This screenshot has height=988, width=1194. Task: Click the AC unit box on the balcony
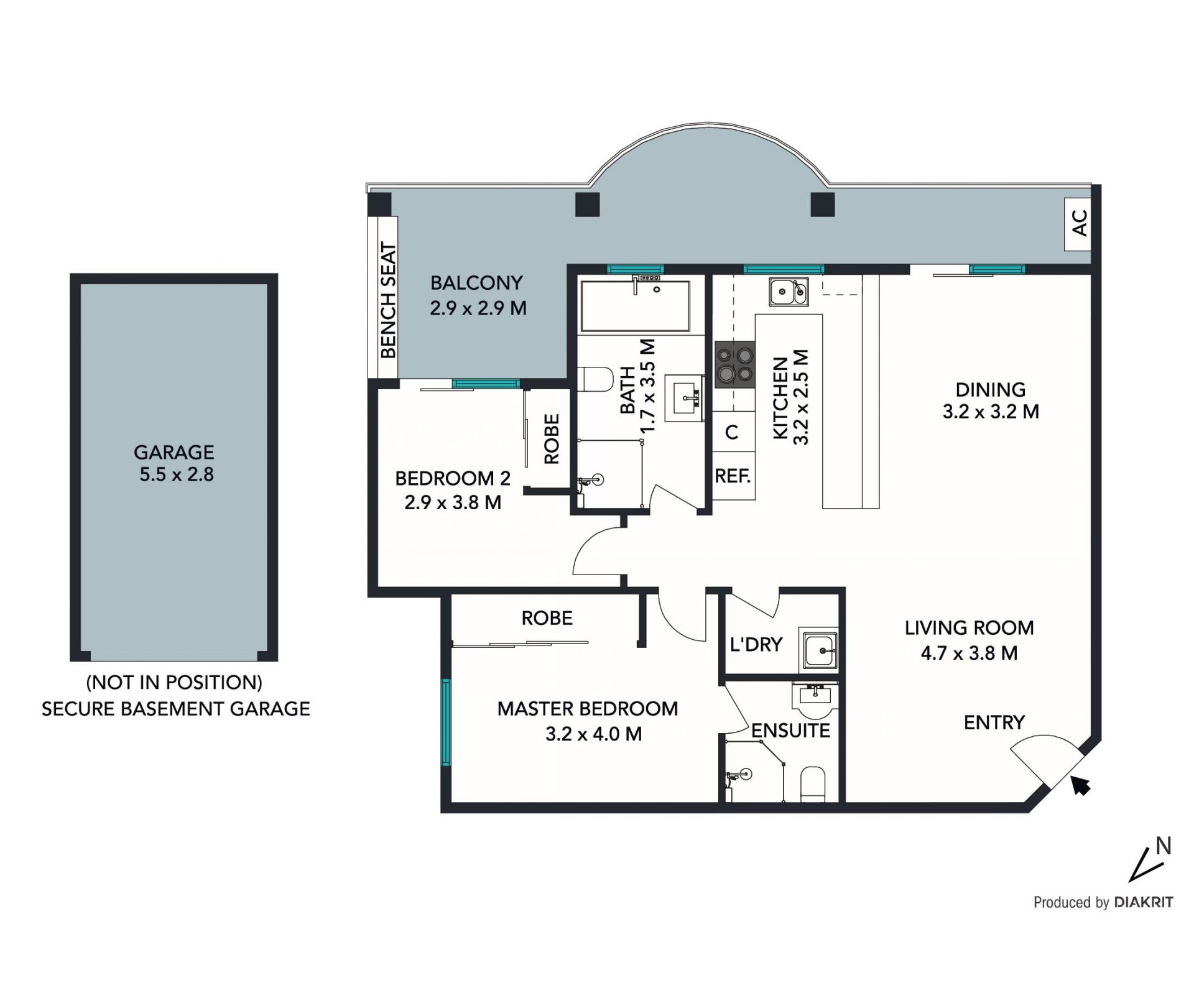1078,224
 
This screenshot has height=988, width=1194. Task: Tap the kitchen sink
789,292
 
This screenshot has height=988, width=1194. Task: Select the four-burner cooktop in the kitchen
734,364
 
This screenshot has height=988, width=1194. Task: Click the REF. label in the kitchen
733,476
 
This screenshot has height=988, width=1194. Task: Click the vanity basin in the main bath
685,398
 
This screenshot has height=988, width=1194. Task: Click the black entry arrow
1081,785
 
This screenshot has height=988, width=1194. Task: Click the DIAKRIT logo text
1144,902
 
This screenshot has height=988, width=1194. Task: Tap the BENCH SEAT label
388,300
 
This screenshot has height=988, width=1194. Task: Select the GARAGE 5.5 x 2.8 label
175,463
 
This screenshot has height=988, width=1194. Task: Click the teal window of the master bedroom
446,723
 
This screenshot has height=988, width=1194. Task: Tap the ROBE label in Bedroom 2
552,439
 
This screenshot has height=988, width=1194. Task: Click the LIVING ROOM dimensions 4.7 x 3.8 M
970,653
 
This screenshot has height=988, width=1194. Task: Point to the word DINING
991,390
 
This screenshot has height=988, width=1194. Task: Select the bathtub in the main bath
635,306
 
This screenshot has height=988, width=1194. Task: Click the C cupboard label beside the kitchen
732,432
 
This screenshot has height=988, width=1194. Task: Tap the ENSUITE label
790,731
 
